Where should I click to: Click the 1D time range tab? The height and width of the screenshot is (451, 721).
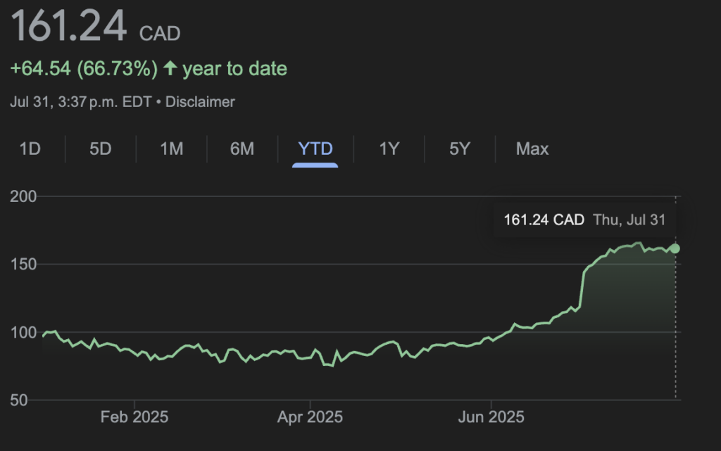tap(30, 149)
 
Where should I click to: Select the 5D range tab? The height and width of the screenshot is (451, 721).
tap(101, 149)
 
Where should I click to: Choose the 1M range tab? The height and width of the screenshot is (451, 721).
tap(172, 149)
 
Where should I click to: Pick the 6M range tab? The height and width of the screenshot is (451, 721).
tap(242, 149)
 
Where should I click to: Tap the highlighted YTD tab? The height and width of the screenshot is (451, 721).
tap(315, 149)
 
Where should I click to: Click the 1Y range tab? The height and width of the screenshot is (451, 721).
tap(389, 149)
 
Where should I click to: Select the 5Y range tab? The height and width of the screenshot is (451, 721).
tap(460, 149)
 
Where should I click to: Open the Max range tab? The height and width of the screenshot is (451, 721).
tap(532, 149)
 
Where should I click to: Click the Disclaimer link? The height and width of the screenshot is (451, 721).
tap(200, 102)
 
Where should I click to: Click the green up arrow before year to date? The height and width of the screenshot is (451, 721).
tap(170, 68)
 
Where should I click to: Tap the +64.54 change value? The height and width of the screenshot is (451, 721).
tap(40, 69)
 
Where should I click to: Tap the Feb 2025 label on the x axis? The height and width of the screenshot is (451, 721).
tap(134, 417)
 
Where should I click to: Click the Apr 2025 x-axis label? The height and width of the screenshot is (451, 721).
tap(310, 417)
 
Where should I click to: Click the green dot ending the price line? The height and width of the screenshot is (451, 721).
tap(675, 248)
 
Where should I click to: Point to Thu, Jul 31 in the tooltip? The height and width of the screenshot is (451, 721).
tap(629, 220)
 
